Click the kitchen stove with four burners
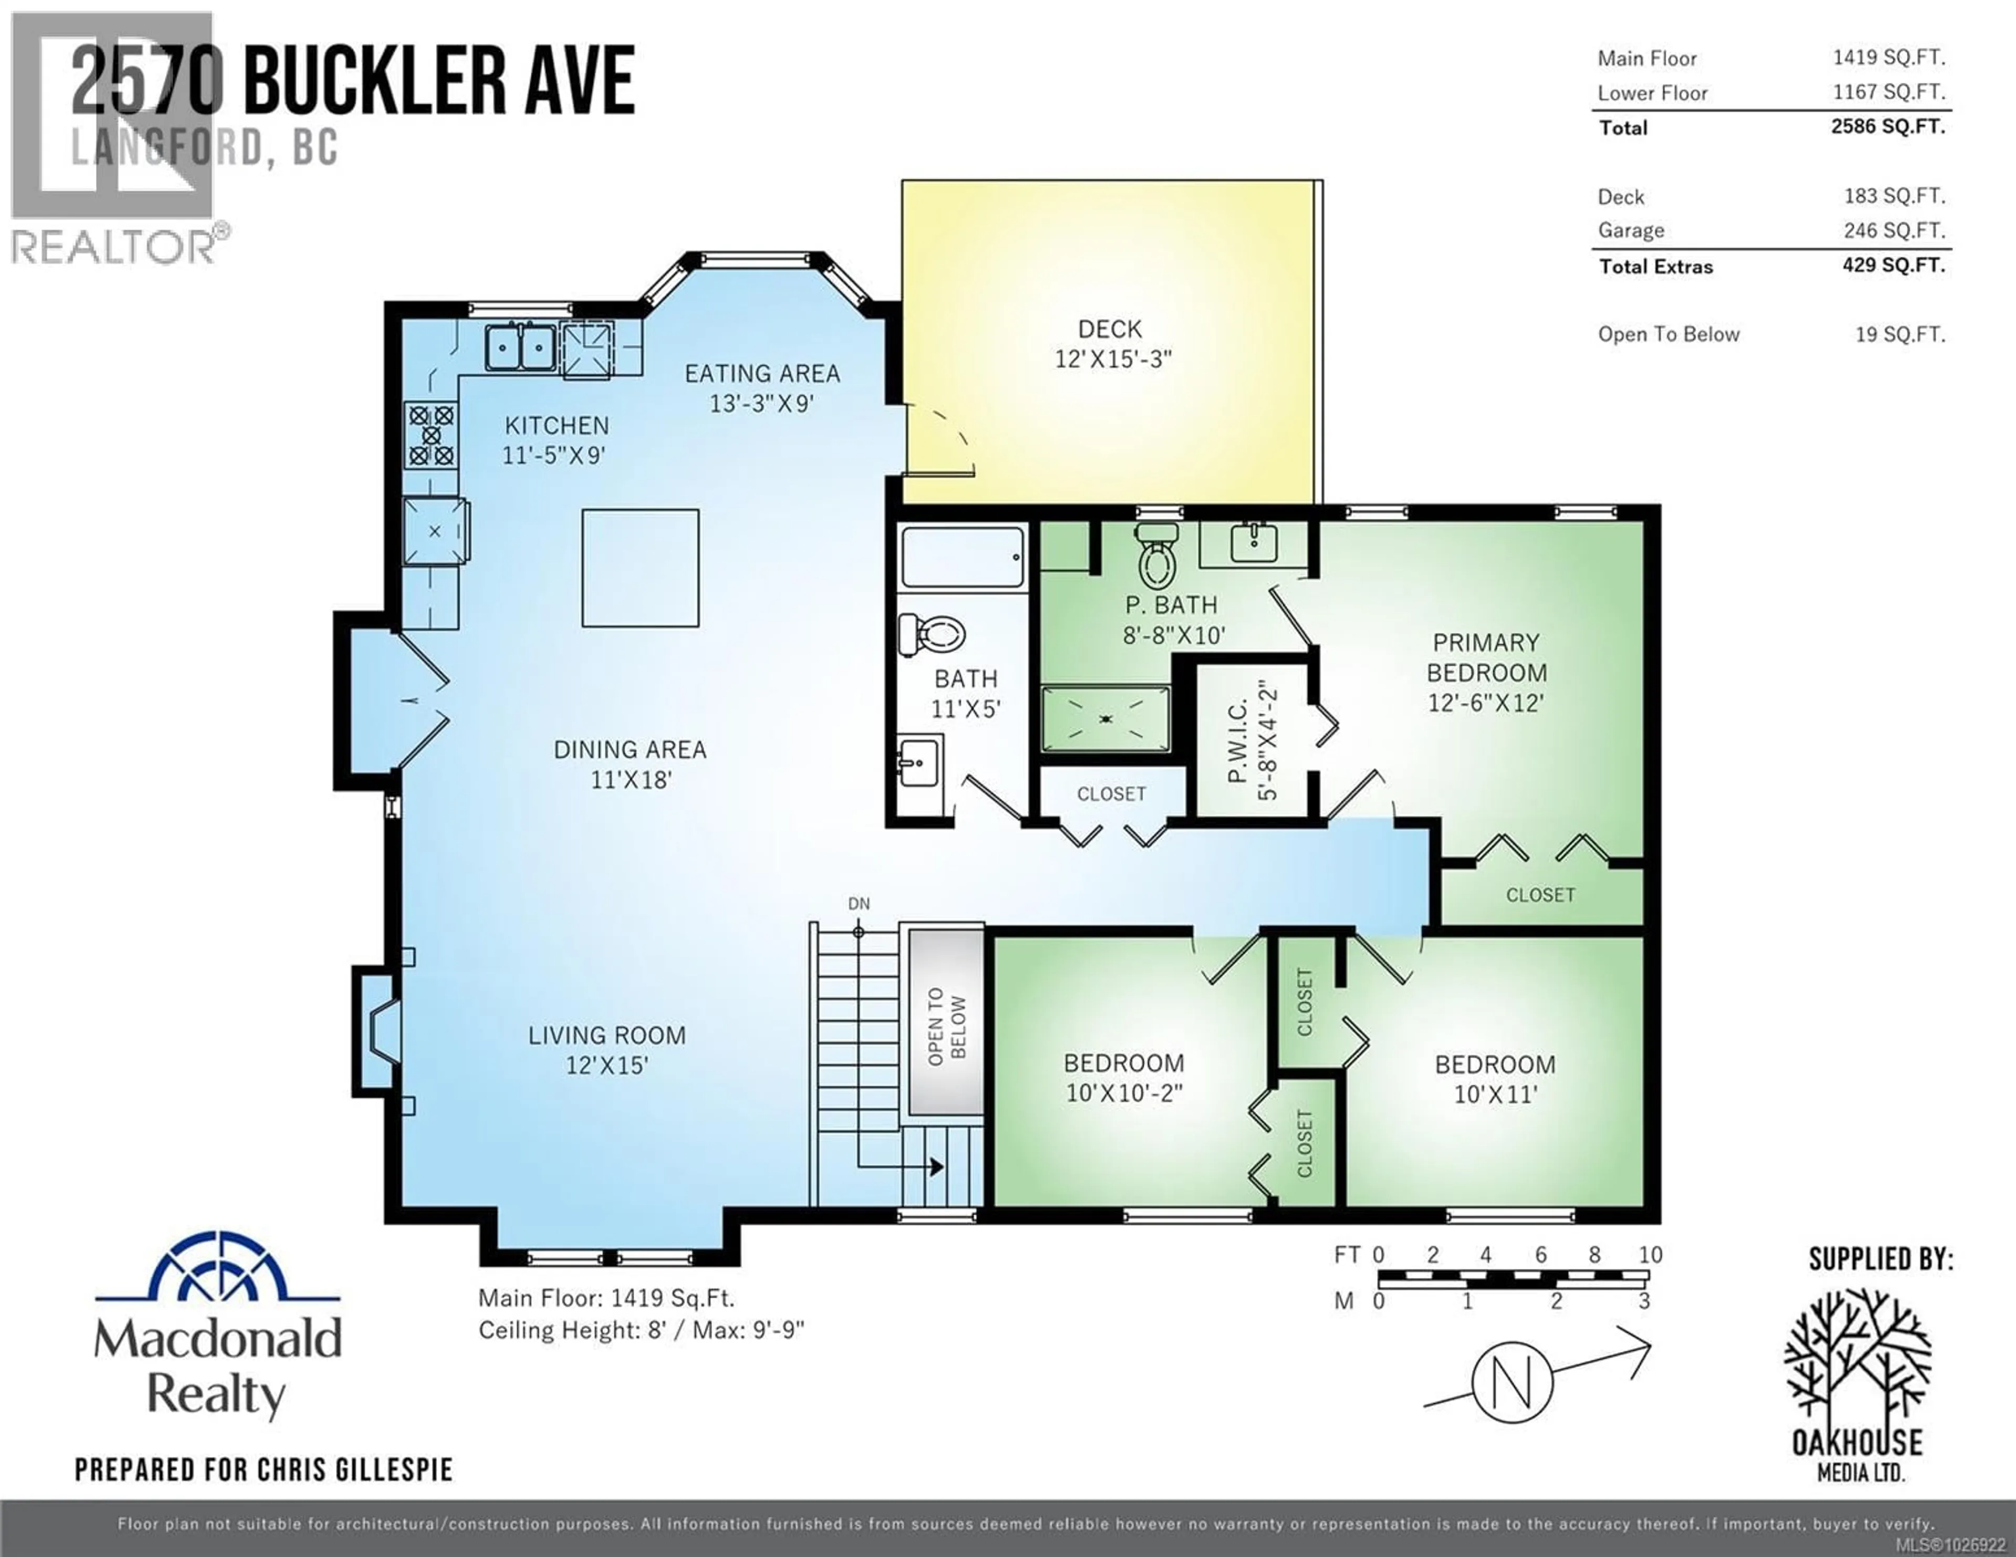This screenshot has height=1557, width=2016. [431, 435]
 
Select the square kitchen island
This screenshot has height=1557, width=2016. [639, 568]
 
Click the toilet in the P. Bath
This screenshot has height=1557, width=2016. [1158, 557]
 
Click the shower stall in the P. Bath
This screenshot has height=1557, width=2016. [1106, 718]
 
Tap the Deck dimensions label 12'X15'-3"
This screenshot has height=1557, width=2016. [1112, 359]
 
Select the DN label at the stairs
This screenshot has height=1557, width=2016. [858, 904]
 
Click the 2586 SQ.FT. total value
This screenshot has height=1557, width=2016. [1888, 126]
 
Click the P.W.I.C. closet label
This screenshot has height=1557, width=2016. [1239, 740]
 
